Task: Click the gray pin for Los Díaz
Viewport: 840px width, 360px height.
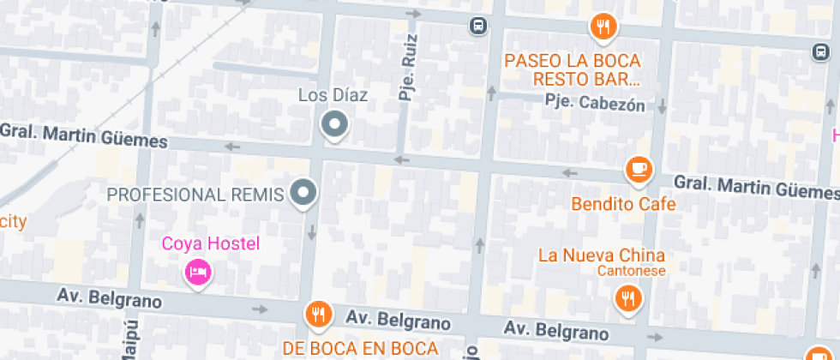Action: pos(333,124)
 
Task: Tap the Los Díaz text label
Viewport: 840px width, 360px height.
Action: pos(333,95)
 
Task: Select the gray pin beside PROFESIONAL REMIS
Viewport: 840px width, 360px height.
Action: pos(303,193)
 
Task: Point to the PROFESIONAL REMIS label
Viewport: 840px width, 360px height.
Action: pos(195,195)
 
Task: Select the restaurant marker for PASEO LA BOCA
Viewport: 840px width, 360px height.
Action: pos(604,27)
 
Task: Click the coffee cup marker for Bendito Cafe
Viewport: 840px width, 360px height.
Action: pos(639,170)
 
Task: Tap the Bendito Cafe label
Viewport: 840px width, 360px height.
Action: pos(623,204)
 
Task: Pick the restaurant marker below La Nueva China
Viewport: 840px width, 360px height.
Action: pos(628,298)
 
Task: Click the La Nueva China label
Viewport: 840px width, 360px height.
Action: pos(602,255)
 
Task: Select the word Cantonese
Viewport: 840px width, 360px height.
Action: pos(628,271)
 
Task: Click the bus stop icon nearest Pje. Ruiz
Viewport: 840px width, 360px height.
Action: pos(478,26)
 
